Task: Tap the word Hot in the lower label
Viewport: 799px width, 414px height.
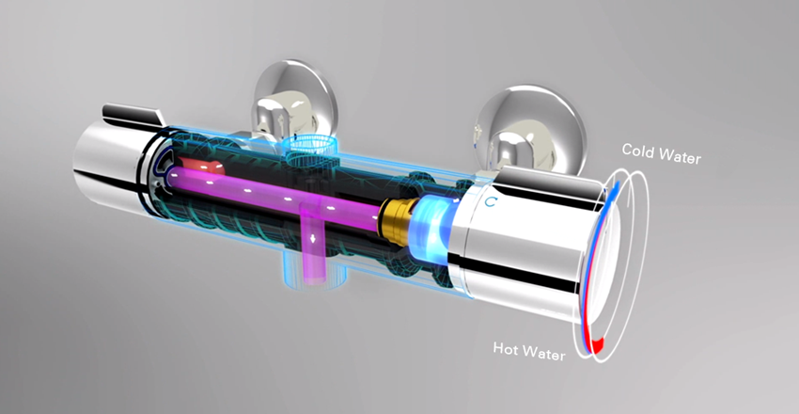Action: coord(508,349)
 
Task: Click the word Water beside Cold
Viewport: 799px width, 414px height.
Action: coord(680,155)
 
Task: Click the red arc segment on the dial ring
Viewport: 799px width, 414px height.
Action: coord(593,344)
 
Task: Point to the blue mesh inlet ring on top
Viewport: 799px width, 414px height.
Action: coord(306,146)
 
